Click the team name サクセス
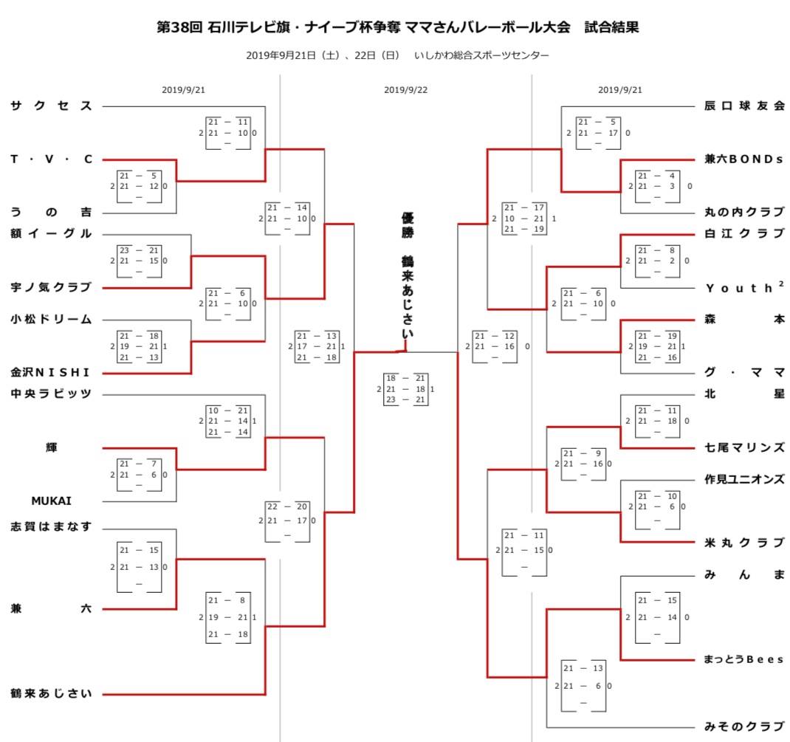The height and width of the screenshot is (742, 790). point(52,106)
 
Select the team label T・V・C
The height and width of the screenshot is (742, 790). point(52,159)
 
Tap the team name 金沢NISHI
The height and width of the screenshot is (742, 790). point(50,372)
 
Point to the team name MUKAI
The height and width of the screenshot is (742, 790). point(52,501)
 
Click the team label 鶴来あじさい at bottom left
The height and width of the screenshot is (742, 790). point(52,694)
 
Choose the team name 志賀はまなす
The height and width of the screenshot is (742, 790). point(52,526)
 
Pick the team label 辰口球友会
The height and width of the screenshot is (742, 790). point(745,106)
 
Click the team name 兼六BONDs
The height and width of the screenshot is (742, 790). point(743,159)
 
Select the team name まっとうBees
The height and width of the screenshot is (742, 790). point(743,659)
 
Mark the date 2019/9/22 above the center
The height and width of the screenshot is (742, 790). point(405,90)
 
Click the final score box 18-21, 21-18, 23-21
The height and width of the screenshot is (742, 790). point(405,389)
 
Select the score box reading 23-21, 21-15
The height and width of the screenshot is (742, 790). point(139,261)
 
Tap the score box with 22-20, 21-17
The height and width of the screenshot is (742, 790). point(287,521)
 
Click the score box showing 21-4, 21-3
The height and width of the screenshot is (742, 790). point(658,186)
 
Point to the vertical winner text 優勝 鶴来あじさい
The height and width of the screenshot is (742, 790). point(407,276)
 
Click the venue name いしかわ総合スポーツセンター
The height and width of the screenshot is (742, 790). point(481,55)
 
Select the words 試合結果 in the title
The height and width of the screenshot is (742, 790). point(611,27)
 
